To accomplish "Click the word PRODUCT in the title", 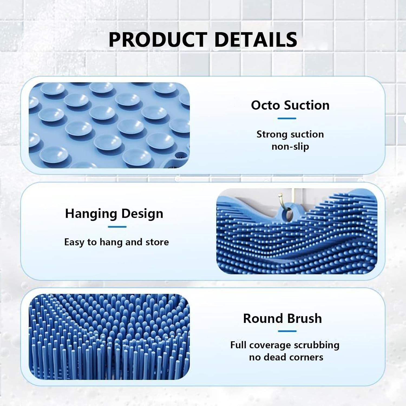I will pos(158,40).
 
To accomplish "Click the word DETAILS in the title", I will pos(256,40).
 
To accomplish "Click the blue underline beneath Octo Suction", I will pos(287,118).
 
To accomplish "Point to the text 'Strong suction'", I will pos(290,134).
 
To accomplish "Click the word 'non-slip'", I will pos(290,146).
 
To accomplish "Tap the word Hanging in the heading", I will pos(91,214).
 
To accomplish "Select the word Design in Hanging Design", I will pos(142,214).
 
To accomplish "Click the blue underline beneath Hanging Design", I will pos(117,227).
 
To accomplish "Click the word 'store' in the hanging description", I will pos(157,242).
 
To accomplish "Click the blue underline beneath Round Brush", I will pos(287,331).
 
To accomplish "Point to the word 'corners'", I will pos(307,357).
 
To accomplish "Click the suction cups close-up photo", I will pos(109,125).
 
